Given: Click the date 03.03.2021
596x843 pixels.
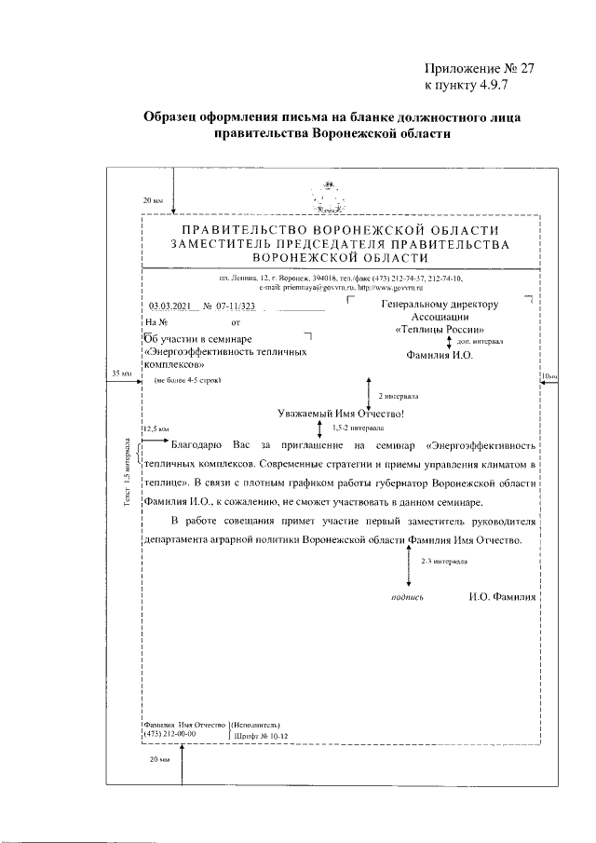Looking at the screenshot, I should click(174, 306).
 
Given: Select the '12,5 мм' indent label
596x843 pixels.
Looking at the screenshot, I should click(155, 428).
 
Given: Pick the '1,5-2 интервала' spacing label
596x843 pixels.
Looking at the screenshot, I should click(360, 429).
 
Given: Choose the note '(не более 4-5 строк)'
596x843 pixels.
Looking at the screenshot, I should click(189, 381).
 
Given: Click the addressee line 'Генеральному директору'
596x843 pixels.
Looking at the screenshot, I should click(440, 304).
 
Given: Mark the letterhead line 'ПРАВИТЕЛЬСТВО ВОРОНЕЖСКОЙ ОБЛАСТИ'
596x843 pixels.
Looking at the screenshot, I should click(340, 229).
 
